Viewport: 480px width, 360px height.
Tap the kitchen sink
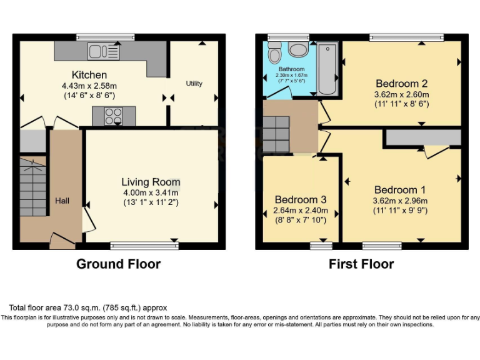tap(104, 51)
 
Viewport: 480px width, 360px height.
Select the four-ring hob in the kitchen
tap(114, 116)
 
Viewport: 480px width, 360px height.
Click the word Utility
tap(194, 83)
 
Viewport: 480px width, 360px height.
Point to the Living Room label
tap(151, 182)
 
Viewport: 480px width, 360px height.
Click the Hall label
tap(62, 201)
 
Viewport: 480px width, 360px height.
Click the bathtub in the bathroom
tap(327, 68)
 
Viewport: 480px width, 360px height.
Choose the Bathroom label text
tap(291, 69)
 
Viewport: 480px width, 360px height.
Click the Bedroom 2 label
tap(401, 84)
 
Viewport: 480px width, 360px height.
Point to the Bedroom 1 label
tap(400, 190)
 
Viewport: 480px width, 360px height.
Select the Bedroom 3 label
tap(301, 199)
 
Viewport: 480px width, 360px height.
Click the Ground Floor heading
tap(118, 264)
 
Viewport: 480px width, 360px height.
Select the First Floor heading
tap(361, 264)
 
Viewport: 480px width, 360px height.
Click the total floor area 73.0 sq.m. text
tap(87, 307)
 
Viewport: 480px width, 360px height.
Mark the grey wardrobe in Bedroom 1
tap(423, 137)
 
